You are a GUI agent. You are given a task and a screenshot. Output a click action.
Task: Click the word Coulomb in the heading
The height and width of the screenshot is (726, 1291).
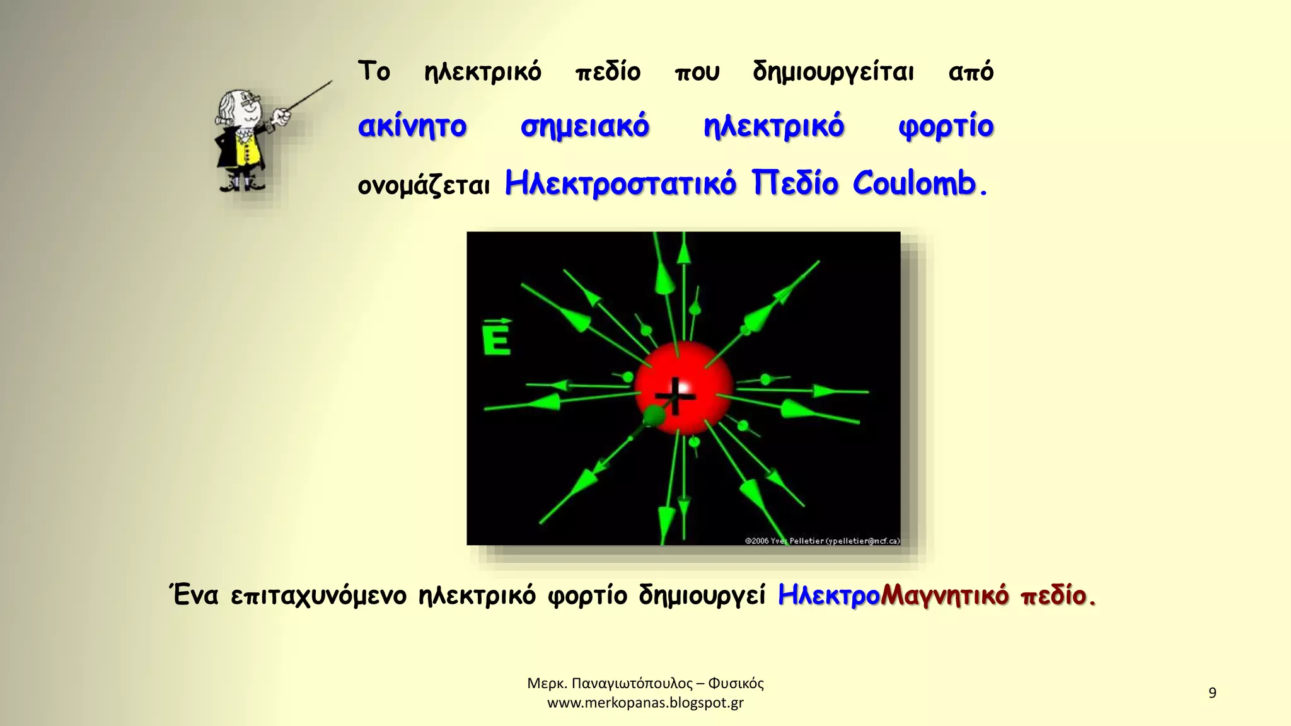[914, 184]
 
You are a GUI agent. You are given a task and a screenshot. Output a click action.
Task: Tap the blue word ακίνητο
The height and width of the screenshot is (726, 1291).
[412, 127]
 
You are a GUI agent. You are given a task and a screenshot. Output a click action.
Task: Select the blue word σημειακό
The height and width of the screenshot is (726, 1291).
[584, 127]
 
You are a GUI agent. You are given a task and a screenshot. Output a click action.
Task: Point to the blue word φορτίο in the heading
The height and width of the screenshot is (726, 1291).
[946, 127]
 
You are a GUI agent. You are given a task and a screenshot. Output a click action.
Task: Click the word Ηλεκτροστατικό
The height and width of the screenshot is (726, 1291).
[620, 184]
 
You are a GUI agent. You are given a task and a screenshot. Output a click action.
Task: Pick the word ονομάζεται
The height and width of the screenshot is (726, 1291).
[424, 186]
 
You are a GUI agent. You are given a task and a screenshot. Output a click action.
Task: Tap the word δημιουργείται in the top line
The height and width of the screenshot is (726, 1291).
[833, 72]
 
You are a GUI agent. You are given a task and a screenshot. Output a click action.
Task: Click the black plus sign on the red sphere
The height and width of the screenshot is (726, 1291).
[675, 396]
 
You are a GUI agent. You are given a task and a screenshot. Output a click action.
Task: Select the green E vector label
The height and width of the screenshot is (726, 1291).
[497, 339]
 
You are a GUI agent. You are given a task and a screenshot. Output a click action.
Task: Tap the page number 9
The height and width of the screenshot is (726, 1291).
[1212, 693]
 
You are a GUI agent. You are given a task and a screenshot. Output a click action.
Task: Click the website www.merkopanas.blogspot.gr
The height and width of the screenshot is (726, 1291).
[645, 703]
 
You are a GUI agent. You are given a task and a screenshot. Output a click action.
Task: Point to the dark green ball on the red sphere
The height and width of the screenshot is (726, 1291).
[654, 416]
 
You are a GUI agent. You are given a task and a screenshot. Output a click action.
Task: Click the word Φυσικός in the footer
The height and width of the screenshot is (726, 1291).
[736, 684]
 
